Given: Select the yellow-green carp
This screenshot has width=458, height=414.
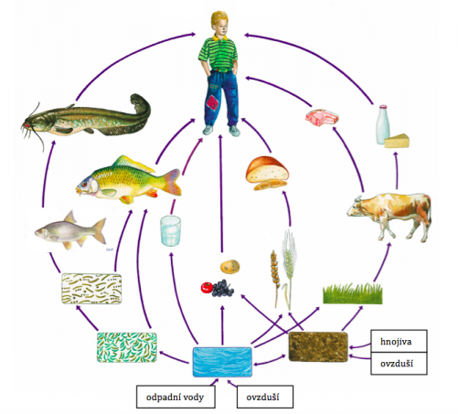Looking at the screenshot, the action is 128,180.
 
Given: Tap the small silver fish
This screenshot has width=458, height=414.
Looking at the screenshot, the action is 70,230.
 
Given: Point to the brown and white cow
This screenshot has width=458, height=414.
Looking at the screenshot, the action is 389,216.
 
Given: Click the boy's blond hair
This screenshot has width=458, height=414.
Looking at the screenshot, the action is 219,19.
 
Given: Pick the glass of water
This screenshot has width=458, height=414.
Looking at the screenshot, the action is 171,230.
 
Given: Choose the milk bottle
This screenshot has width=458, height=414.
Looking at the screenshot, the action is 383,124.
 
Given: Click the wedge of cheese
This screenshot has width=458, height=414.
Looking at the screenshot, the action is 397,141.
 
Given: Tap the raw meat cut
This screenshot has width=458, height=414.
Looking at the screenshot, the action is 322,118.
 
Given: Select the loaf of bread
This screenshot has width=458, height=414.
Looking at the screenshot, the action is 267,173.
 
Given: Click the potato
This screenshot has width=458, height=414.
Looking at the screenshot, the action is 230,267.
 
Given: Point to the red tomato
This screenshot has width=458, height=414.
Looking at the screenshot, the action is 207,288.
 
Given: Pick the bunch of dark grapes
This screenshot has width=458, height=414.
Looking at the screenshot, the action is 222,288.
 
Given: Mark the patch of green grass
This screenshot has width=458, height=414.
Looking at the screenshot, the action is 353,293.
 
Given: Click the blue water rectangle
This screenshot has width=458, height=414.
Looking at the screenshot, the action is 222,362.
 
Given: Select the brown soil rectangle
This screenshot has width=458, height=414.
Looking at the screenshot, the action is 318,346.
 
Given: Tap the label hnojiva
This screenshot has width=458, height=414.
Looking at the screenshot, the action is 396,342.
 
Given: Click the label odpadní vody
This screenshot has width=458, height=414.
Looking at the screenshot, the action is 175,398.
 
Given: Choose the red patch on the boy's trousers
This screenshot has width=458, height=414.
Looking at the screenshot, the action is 212,102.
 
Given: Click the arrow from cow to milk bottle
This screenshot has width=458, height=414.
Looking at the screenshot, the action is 397,171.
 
